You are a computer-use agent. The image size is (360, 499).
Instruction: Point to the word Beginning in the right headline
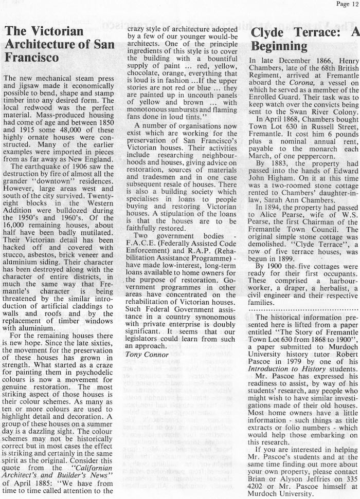(x=279, y=47)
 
